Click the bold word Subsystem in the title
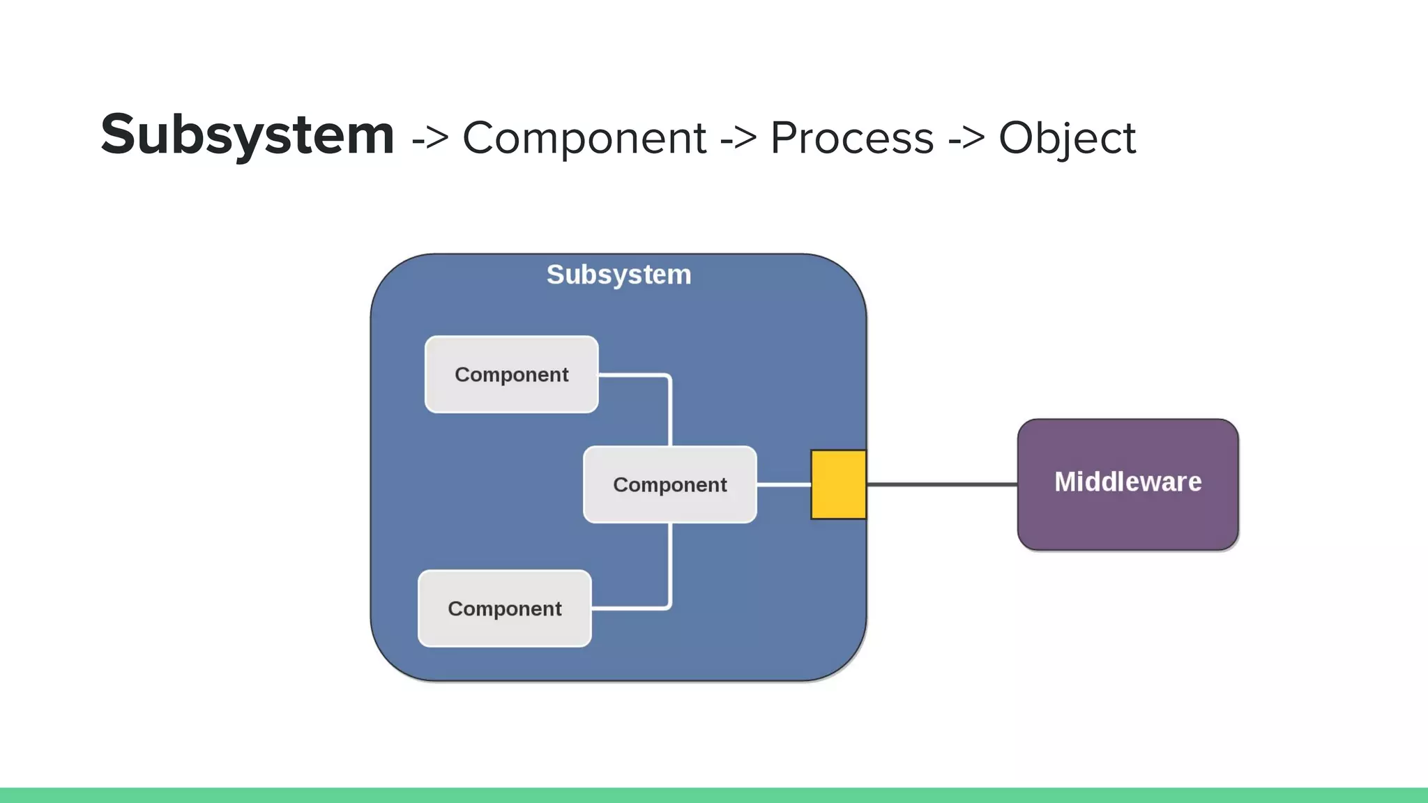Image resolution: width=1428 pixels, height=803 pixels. (248, 135)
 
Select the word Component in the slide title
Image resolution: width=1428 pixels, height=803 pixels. (584, 138)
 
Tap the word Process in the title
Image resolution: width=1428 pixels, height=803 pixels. (851, 138)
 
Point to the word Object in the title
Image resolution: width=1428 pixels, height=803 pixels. (1067, 138)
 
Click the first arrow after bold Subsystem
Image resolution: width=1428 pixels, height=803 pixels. (430, 138)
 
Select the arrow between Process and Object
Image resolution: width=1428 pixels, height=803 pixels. (966, 138)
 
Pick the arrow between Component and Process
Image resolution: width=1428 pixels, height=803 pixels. (738, 138)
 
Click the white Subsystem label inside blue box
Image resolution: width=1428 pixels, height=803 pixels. (618, 275)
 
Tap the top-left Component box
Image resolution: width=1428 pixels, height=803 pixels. (511, 374)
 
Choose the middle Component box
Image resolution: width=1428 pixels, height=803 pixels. (669, 484)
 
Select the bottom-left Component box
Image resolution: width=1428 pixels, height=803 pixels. (504, 609)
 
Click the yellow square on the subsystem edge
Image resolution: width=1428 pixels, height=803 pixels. (838, 484)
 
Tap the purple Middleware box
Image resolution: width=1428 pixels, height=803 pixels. (1127, 516)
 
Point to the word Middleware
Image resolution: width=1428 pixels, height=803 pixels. (1127, 482)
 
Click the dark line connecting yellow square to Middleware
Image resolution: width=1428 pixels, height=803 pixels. (941, 484)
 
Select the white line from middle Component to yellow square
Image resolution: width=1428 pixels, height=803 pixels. (784, 484)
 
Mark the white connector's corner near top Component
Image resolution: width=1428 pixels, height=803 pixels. (669, 377)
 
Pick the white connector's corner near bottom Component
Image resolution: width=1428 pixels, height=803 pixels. (669, 607)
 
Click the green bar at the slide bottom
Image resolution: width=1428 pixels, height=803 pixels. (714, 795)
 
